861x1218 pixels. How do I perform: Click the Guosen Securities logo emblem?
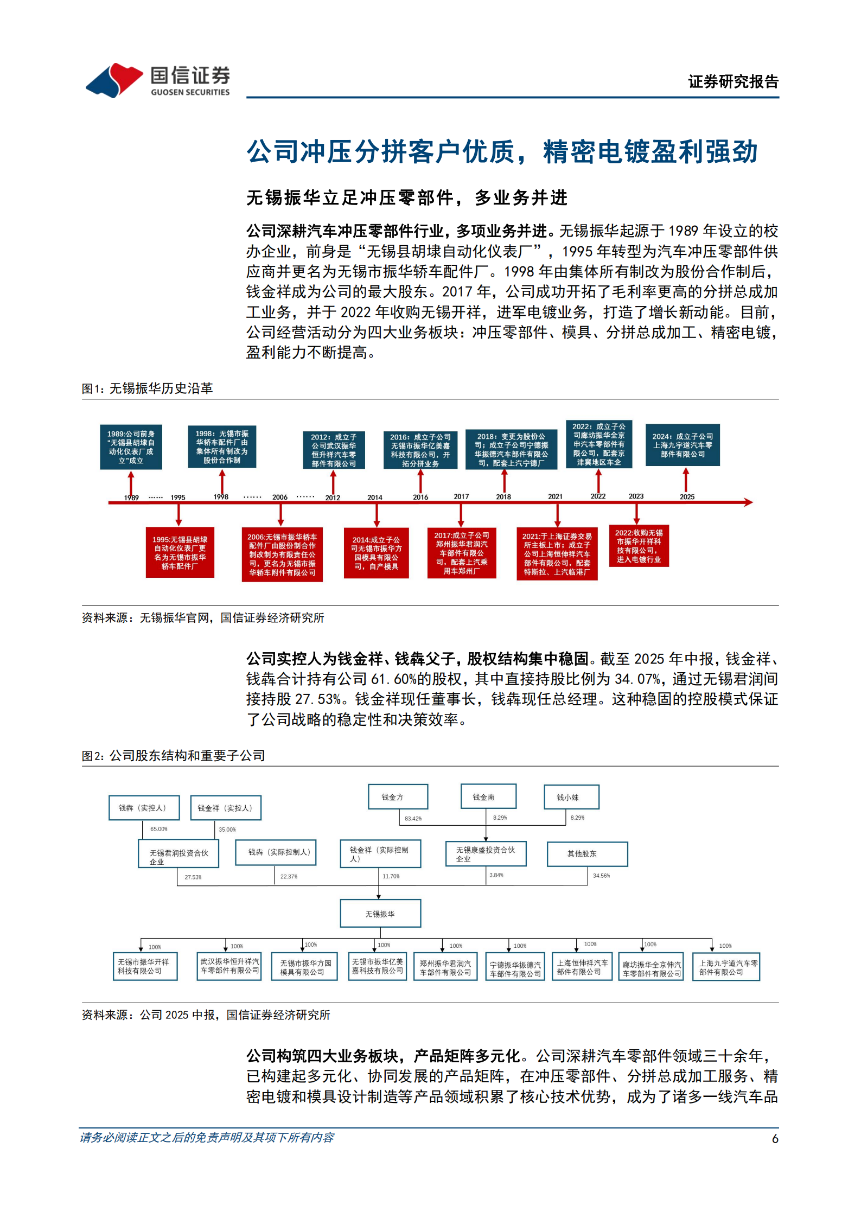(x=114, y=80)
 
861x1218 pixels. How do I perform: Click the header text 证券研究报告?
(x=733, y=82)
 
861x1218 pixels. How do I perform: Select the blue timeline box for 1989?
(x=131, y=447)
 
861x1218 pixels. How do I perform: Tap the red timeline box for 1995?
(x=180, y=552)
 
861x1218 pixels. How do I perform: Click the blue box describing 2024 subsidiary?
(x=682, y=445)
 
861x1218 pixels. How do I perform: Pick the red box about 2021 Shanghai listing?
(x=557, y=553)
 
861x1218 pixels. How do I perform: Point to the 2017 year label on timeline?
(x=461, y=496)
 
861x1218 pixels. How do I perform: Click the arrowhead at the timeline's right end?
(x=748, y=502)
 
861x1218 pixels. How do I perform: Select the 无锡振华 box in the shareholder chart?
(x=380, y=914)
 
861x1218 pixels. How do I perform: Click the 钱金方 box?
(x=398, y=796)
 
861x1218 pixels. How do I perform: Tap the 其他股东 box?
(x=587, y=853)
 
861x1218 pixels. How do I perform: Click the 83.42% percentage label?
(x=413, y=819)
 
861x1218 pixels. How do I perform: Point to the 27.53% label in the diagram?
(x=193, y=877)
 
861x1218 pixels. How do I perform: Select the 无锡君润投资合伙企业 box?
(x=178, y=854)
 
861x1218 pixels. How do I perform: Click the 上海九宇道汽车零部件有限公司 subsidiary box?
(x=726, y=967)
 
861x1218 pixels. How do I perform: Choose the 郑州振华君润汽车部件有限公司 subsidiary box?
(x=445, y=967)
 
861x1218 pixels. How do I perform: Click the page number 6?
(x=775, y=1139)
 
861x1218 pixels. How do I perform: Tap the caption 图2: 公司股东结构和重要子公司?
(x=174, y=755)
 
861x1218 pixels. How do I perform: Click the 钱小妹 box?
(x=571, y=797)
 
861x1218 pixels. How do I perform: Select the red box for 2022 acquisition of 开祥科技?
(x=639, y=545)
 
